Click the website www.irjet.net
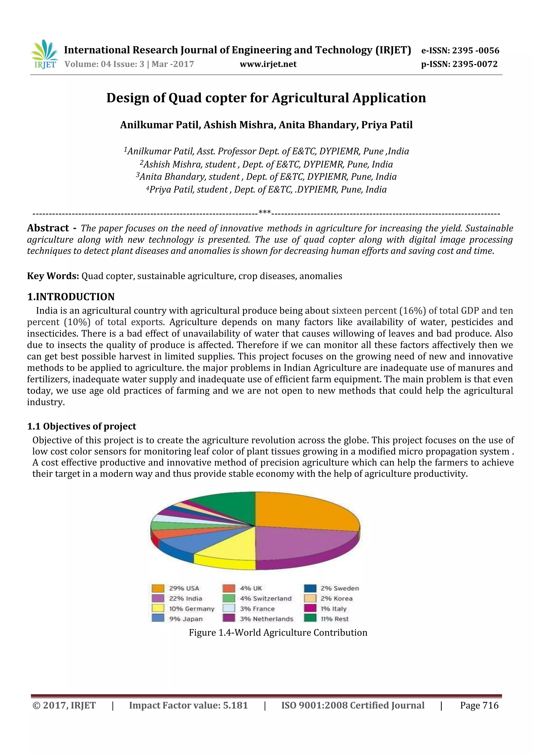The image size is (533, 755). [268, 64]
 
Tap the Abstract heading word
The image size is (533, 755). [48, 228]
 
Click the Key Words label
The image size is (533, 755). [53, 276]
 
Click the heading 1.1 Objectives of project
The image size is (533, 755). [81, 426]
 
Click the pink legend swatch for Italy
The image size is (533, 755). [310, 609]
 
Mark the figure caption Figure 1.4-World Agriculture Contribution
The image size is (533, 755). [278, 632]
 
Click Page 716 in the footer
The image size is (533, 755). [479, 705]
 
